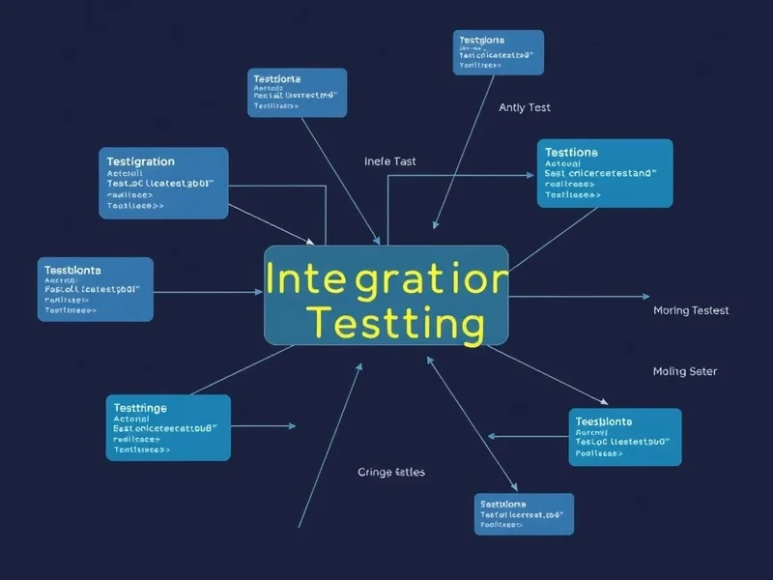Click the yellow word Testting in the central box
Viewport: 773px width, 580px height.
click(392, 322)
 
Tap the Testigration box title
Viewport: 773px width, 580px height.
click(141, 161)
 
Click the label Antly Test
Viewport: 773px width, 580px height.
click(525, 107)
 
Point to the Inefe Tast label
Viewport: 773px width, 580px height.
click(390, 161)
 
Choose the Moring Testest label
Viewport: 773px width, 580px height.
click(691, 310)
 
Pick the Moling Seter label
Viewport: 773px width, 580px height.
click(685, 371)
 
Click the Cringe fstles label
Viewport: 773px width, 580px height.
click(391, 472)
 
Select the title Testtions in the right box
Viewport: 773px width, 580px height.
click(571, 153)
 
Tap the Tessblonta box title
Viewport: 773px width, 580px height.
click(71, 270)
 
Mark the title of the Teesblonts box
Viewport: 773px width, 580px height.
click(603, 421)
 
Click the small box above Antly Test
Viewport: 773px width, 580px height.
click(499, 52)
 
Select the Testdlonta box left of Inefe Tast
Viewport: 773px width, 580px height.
click(297, 92)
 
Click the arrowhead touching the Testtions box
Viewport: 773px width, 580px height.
click(530, 175)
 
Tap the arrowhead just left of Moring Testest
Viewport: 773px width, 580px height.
click(646, 296)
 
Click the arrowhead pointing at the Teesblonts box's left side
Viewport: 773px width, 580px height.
click(493, 437)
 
